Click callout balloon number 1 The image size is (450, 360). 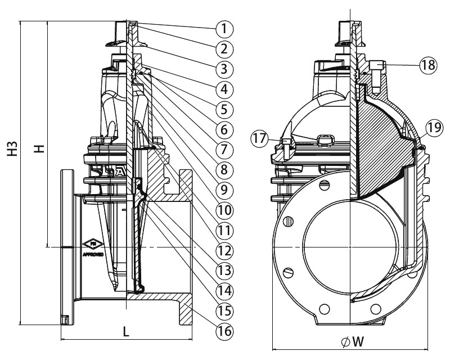224,28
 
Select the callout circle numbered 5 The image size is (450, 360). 224,109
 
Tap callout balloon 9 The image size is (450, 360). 224,190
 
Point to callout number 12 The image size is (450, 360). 224,250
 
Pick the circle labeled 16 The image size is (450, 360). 224,331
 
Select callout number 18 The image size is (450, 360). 427,65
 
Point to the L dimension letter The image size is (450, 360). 127,332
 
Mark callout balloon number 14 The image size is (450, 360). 224,290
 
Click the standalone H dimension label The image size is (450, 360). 37,147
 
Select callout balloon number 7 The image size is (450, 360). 224,149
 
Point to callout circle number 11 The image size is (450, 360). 224,230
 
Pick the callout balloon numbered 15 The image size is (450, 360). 224,310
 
